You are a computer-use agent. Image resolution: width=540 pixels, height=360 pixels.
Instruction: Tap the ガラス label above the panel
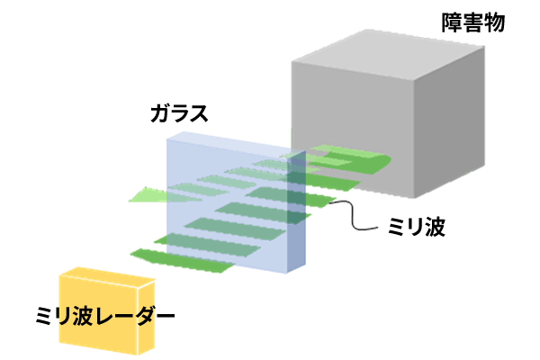point(179,113)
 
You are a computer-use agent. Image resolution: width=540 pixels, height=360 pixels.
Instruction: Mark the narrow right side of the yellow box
point(147,315)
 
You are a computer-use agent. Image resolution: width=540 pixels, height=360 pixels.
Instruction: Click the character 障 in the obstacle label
point(452,22)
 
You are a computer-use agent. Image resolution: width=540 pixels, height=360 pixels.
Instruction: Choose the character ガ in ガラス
point(160,113)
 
